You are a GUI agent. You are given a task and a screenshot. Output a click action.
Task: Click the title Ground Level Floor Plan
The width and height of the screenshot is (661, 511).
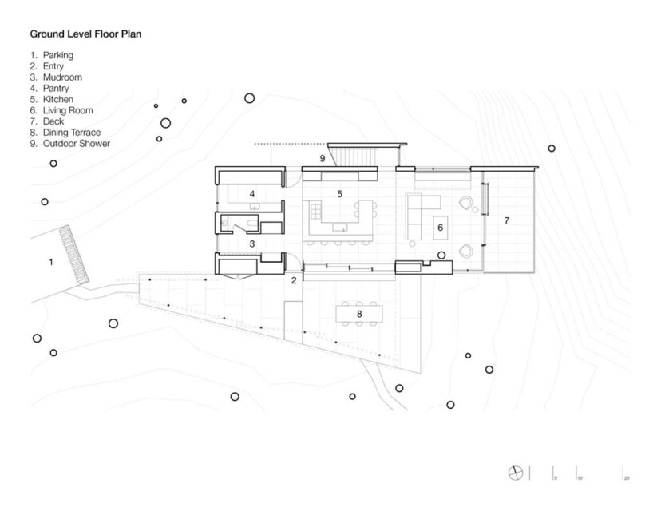point(85,35)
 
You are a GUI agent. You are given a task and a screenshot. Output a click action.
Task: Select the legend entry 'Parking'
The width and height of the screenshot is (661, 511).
point(58,55)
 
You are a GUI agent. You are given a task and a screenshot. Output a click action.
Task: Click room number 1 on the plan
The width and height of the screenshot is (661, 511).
point(51,261)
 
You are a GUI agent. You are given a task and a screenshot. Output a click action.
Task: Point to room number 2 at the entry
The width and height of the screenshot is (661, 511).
point(294,280)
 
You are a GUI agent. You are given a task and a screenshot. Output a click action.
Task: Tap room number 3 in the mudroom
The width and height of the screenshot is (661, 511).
point(251,244)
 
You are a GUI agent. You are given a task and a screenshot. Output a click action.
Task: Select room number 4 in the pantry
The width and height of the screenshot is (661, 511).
point(251,194)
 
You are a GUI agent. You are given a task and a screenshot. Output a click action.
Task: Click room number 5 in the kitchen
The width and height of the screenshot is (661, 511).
point(339,194)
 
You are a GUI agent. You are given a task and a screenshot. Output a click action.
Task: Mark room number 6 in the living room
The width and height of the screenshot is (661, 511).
point(439,228)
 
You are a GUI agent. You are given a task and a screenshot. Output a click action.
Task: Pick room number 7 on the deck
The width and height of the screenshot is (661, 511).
point(505,219)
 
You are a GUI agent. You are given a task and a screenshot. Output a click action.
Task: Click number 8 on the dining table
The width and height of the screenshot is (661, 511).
point(359,315)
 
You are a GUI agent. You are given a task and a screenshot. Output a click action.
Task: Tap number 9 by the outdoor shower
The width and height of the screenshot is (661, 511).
point(323,159)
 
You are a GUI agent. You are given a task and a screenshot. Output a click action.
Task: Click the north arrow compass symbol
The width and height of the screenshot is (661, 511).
point(516,473)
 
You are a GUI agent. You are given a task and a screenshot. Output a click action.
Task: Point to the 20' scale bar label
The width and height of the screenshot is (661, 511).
point(627,477)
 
